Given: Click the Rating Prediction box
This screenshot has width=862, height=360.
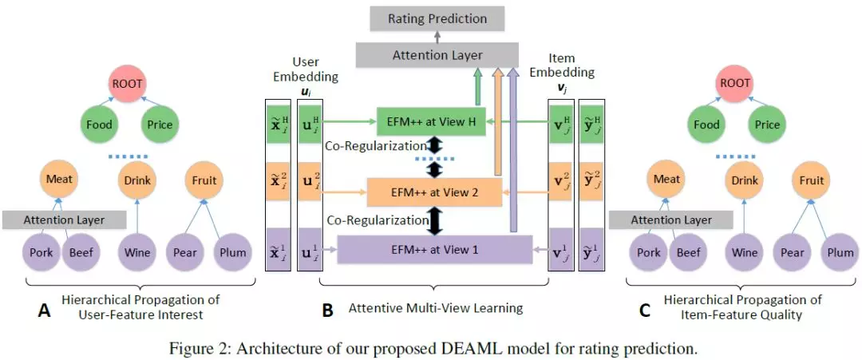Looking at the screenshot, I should click(437, 18).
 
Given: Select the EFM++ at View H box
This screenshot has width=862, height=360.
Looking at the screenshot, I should click(432, 122).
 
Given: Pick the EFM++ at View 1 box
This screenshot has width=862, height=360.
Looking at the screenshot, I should click(435, 250).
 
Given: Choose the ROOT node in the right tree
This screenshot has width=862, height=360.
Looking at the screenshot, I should click(735, 82).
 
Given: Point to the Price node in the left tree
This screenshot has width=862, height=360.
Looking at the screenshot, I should click(159, 125).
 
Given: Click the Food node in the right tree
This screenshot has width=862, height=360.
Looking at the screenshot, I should click(706, 125).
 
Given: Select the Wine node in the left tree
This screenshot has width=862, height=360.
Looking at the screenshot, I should click(136, 253).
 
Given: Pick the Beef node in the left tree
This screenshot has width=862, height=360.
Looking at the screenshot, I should click(81, 253).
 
